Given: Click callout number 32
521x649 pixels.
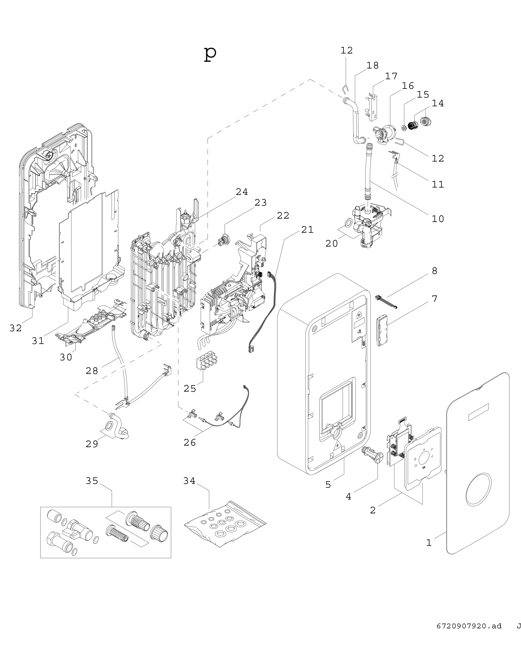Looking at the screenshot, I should click(16, 328).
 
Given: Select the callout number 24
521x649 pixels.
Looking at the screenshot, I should click(242, 192).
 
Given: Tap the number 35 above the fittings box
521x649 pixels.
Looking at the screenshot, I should click(92, 481).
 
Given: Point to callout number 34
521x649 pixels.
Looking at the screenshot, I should click(189, 481).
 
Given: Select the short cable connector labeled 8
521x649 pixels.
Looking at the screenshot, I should click(386, 302).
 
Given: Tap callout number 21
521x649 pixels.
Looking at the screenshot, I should click(307, 230).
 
